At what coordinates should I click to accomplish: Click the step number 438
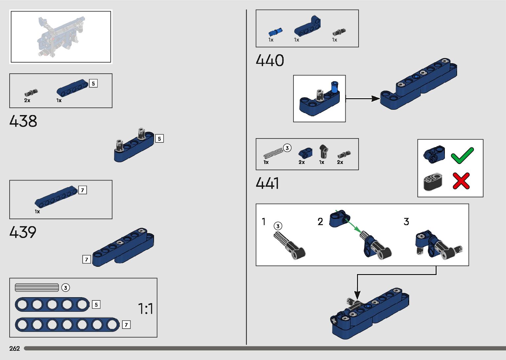23,121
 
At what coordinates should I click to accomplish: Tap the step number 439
23,232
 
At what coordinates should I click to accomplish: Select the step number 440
270,60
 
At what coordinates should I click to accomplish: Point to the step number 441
267,183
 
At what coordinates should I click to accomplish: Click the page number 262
15,348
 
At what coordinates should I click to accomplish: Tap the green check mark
462,155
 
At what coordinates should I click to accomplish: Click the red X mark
461,181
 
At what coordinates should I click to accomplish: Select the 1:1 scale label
145,309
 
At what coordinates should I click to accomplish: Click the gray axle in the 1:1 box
37,288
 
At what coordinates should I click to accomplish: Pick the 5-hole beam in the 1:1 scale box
52,304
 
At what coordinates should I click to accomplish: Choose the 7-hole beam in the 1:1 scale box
67,325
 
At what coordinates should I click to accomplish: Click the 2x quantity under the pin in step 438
27,100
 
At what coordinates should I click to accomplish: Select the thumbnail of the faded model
61,37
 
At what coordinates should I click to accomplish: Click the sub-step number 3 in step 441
406,221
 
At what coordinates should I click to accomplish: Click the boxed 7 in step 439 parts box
83,190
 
